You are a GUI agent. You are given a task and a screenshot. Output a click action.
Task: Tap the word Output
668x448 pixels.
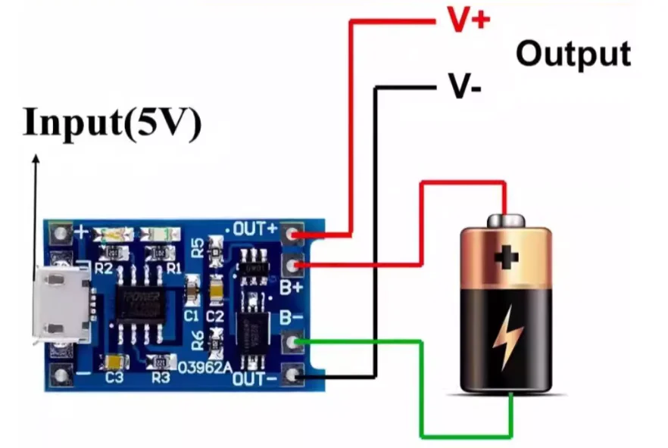(x=573, y=54)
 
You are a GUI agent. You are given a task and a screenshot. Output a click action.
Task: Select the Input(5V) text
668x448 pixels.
(x=113, y=123)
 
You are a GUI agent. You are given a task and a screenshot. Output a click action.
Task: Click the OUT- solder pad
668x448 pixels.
(x=292, y=374)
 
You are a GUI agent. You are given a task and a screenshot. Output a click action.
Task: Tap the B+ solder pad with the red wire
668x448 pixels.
(x=292, y=265)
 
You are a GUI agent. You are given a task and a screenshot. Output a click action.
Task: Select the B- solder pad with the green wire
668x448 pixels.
(x=292, y=343)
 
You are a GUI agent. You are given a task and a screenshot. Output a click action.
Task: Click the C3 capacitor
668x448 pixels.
(x=116, y=362)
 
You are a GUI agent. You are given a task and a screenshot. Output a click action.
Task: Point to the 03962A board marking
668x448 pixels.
(x=204, y=369)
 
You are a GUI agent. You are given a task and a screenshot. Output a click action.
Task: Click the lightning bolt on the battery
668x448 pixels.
(x=505, y=341)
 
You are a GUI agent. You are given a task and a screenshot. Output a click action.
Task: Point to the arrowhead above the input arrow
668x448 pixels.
(x=35, y=159)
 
